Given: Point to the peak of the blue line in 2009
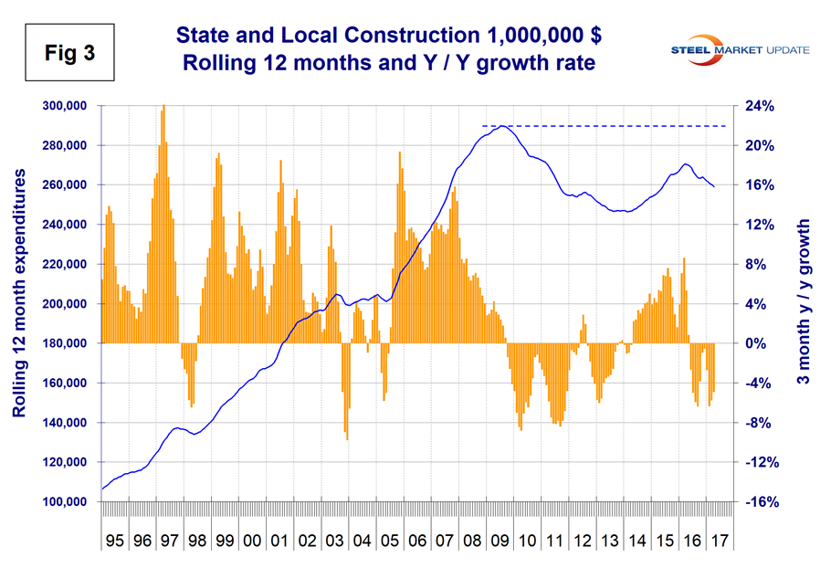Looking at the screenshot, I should [x=500, y=126].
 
